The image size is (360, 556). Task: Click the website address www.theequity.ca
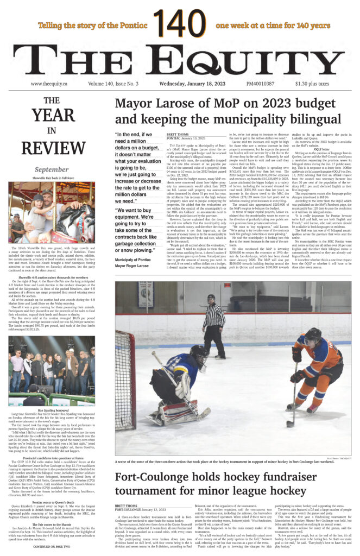[x=49, y=84]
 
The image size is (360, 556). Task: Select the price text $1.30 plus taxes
[x=312, y=84]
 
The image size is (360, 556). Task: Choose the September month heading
[x=52, y=169]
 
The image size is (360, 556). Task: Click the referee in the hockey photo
[x=214, y=326]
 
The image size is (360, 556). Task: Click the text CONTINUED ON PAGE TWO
[x=52, y=546]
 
